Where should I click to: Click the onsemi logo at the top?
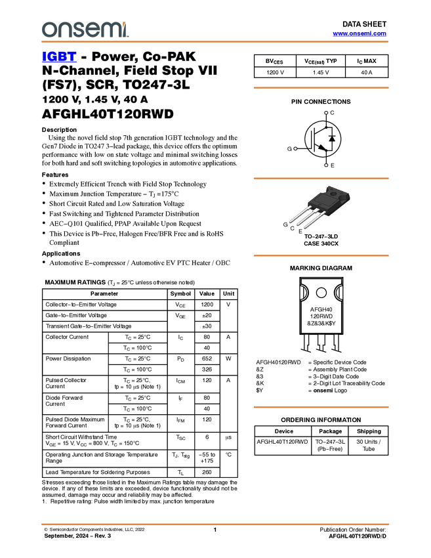[x=85, y=30]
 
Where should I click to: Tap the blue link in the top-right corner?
[x=359, y=33]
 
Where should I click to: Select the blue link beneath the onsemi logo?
[x=59, y=58]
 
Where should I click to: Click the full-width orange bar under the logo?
[x=215, y=42]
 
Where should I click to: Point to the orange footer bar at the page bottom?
[x=215, y=525]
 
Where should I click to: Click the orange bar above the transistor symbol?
[x=321, y=87]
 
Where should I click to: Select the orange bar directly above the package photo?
[x=321, y=178]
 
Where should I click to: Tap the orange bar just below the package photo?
[x=321, y=255]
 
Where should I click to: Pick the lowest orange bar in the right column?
[x=321, y=407]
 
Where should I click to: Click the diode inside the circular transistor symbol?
[x=332, y=139]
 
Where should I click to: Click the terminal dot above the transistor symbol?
[x=326, y=113]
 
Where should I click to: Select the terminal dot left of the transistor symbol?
[x=295, y=149]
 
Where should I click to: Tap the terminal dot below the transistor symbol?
[x=326, y=165]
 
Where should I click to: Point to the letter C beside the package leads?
[x=292, y=228]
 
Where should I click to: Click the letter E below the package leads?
[x=300, y=232]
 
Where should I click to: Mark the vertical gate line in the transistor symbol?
[x=312, y=139]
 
